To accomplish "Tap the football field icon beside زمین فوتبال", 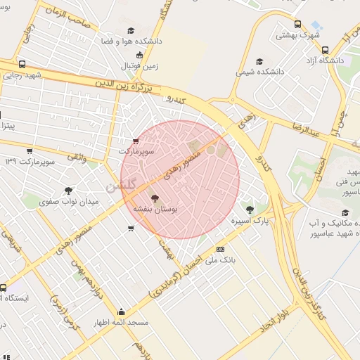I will (139, 55).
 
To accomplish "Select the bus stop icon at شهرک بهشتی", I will (297, 25).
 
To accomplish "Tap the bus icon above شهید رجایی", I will (22, 64).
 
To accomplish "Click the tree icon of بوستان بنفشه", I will (155, 198).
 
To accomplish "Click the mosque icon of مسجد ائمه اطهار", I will (121, 312).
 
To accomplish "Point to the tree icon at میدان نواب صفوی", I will (68, 190).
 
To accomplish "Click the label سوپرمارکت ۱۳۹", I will (30, 162).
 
